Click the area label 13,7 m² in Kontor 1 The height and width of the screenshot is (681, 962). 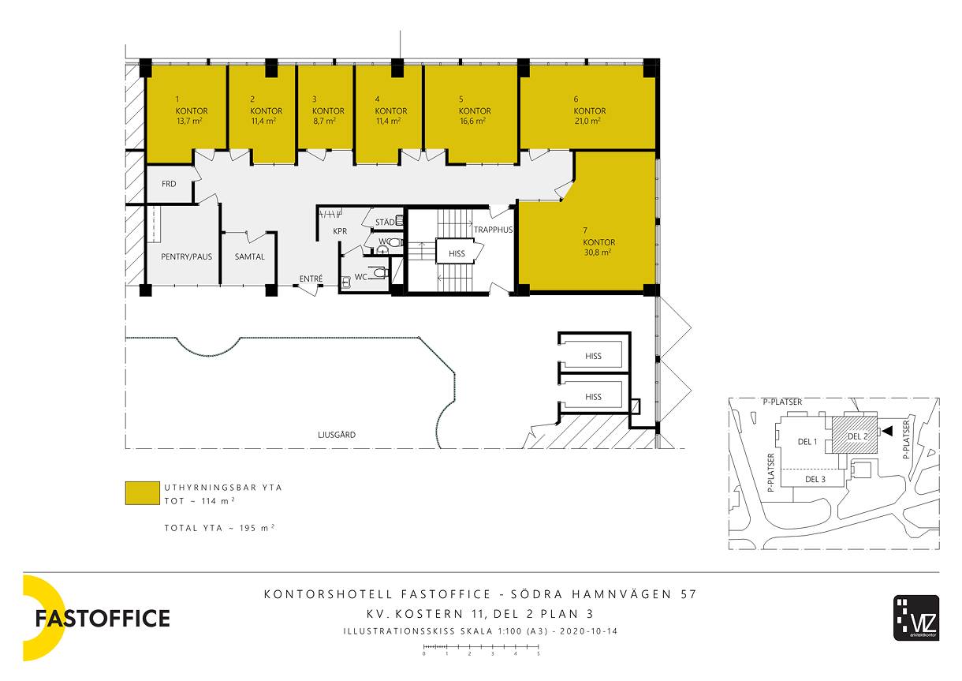(x=189, y=122)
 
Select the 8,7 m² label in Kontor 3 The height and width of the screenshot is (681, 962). (x=324, y=122)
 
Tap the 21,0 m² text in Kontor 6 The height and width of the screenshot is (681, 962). (x=587, y=122)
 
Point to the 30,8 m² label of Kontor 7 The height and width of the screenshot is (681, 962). (x=598, y=253)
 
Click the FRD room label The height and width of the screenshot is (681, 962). (x=169, y=184)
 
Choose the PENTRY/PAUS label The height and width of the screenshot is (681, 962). (x=186, y=256)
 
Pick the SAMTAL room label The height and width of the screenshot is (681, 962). (x=249, y=256)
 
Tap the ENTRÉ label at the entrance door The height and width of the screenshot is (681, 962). (x=311, y=279)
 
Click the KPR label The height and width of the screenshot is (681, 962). (x=340, y=231)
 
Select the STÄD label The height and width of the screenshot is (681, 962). (x=385, y=222)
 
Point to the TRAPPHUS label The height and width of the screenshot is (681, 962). (x=493, y=230)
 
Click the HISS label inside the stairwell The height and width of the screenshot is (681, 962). (x=457, y=254)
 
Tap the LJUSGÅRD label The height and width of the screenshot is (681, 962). (x=337, y=434)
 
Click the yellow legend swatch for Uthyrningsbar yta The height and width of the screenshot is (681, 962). (x=142, y=493)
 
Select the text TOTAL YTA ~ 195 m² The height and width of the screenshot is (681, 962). (x=219, y=528)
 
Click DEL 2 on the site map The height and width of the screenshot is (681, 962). (x=858, y=436)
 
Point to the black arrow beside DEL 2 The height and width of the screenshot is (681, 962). (x=887, y=431)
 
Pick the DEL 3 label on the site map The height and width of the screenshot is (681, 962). (x=815, y=479)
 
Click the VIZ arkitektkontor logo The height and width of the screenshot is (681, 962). (x=916, y=617)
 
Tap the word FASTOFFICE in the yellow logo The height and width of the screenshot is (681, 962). (x=103, y=619)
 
